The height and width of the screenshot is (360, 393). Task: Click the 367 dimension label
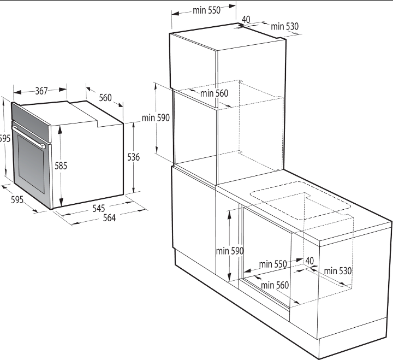tap(41, 91)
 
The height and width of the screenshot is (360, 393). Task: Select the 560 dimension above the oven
tap(105, 98)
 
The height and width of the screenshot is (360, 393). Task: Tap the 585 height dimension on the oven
tap(61, 166)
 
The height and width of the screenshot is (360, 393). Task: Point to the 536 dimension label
tap(133, 157)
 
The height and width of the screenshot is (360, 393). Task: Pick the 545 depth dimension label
tap(98, 208)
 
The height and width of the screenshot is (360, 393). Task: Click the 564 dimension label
tap(109, 218)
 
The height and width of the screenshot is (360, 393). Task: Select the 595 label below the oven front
tap(17, 200)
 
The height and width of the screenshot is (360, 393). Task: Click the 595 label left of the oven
tap(5, 138)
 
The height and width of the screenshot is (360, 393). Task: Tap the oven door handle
tap(28, 137)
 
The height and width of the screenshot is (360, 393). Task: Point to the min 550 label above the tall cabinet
tap(206, 10)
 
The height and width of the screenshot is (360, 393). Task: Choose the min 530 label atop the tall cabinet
tap(285, 26)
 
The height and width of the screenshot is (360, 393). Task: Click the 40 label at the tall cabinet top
tap(246, 19)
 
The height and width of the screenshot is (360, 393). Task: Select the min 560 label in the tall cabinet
tap(215, 93)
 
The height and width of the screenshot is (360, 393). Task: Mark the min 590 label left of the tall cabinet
tap(156, 117)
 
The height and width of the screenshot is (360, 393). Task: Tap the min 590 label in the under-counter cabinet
tap(230, 251)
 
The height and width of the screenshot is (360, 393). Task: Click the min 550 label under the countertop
tap(273, 264)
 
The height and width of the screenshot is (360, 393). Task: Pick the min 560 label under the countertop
tap(275, 285)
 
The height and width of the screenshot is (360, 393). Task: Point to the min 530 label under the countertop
tap(338, 271)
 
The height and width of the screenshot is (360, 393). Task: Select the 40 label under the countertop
tap(309, 261)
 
